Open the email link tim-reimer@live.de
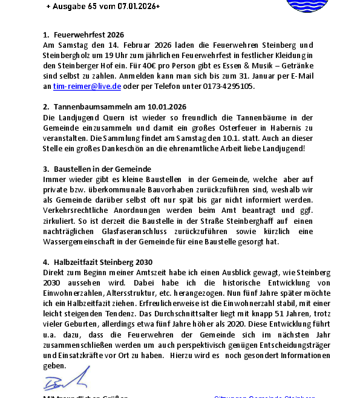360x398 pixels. pyautogui.click(x=87, y=86)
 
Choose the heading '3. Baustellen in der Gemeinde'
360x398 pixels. pyautogui.click(x=97, y=169)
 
